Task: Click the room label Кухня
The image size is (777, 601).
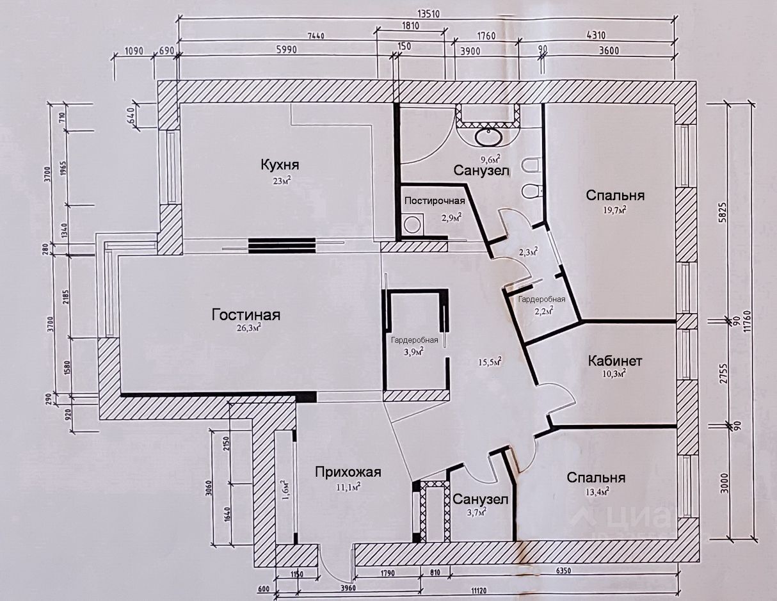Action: pos(280,165)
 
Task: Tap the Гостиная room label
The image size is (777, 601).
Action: pos(246,315)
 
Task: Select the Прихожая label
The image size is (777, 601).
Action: pos(348,472)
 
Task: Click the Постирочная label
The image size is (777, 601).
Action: pos(435,200)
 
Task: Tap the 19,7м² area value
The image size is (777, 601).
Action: pos(614,209)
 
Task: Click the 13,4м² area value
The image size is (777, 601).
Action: pos(597,492)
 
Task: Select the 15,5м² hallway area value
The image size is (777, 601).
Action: pos(490,362)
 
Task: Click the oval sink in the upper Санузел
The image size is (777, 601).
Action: pos(488,138)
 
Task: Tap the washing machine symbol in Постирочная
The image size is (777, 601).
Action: pos(413,225)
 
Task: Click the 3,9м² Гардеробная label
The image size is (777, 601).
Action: pos(415,351)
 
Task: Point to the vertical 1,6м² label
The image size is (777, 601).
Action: pos(284,490)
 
